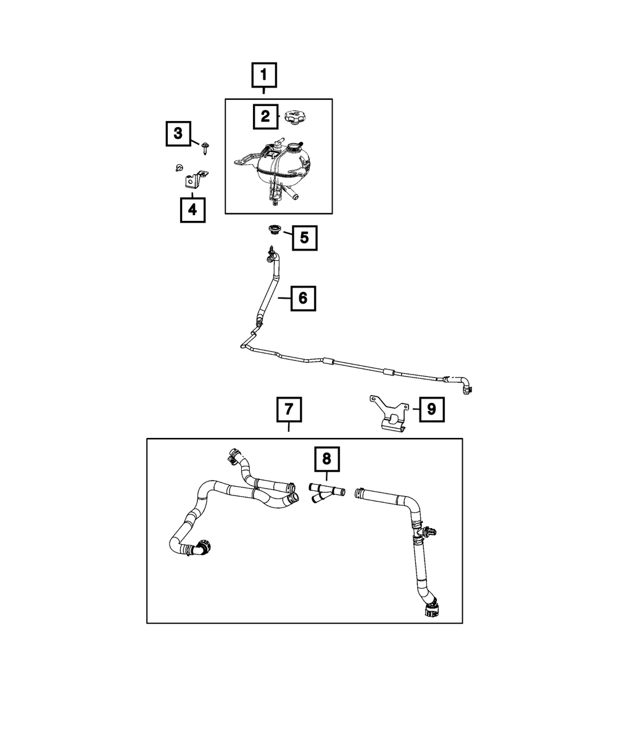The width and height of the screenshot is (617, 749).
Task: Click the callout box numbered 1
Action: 264,75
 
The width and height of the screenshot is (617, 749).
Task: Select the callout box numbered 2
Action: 265,117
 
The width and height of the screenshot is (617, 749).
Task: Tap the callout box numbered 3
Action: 178,134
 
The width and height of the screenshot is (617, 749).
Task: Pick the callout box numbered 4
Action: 193,210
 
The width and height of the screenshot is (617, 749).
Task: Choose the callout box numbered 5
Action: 305,238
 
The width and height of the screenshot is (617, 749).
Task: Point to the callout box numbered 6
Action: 303,299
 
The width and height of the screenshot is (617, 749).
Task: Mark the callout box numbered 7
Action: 289,409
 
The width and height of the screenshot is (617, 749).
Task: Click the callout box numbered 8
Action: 327,459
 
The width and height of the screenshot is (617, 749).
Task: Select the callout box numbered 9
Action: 431,409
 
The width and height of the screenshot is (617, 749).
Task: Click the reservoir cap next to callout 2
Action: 296,117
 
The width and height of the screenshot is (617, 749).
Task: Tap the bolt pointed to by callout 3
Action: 205,147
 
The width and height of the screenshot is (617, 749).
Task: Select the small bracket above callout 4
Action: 195,179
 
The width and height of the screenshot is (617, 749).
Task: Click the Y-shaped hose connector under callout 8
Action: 326,494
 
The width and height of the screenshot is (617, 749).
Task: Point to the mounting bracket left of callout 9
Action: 390,413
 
